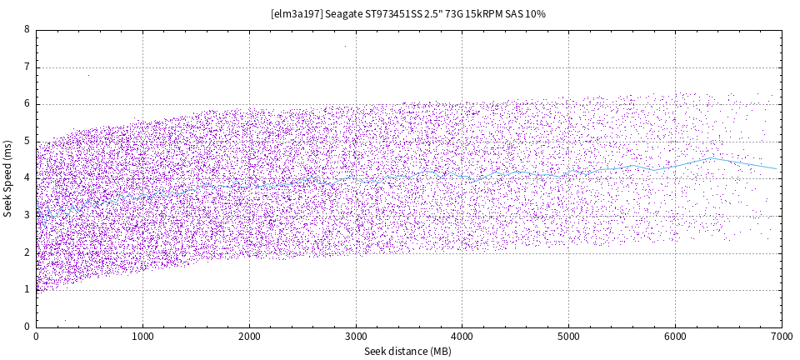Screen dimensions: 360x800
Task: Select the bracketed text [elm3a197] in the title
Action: click(297, 14)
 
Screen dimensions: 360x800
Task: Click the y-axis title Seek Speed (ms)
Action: click(7, 178)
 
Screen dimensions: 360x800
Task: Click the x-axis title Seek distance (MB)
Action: click(407, 352)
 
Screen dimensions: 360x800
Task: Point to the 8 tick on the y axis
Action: click(27, 30)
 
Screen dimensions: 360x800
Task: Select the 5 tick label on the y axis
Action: click(27, 142)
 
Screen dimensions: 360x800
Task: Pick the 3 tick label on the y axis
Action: click(27, 216)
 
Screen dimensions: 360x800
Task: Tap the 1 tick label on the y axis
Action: click(27, 290)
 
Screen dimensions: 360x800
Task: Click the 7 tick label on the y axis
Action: click(27, 67)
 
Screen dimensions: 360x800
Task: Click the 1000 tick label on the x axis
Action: click(142, 337)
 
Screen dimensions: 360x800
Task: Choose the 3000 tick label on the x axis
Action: click(356, 337)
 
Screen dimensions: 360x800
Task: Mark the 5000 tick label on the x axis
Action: click(568, 337)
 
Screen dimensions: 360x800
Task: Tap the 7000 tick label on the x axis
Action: click(781, 337)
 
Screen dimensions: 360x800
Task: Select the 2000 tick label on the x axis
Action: click(249, 337)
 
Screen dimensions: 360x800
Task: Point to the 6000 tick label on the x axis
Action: click(675, 337)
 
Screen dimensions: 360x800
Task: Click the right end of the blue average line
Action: click(777, 169)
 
